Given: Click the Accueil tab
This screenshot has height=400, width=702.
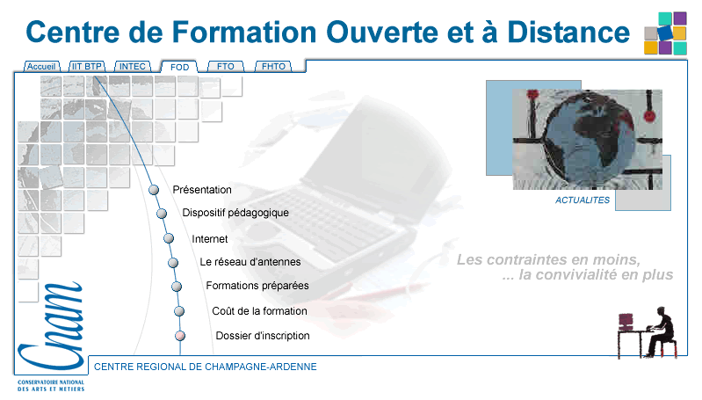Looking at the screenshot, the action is coord(41,66).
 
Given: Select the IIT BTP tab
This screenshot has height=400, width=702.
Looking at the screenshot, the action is coord(87,66).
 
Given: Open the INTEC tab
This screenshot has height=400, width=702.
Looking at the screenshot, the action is coord(133,66).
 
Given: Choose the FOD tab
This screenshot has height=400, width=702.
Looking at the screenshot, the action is coord(179,67).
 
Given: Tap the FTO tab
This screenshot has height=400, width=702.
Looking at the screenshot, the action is coord(226,66).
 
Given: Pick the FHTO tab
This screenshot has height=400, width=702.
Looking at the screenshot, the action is coord(273,66).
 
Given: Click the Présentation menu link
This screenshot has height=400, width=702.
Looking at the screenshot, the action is coord(202,190).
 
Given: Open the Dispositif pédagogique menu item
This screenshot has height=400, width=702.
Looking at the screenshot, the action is coord(235,213).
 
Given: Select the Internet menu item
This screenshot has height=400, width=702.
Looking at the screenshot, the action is coord(209,239).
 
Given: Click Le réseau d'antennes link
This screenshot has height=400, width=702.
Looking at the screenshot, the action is coord(250,262).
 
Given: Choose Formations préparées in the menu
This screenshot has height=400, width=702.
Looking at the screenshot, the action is coord(257,286).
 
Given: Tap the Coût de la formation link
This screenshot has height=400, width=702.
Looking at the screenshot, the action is coord(260,311).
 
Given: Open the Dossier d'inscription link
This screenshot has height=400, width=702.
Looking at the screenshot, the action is coord(263,336).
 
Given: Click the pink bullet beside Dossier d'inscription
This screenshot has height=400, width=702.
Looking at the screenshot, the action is coord(180,336).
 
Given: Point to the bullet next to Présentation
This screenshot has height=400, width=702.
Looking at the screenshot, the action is coord(154,190).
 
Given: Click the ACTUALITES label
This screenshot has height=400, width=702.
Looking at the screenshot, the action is coord(583,200).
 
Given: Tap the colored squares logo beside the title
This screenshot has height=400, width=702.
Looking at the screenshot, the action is coord(665,33).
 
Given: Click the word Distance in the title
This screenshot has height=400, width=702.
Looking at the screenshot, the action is coord(568,33).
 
